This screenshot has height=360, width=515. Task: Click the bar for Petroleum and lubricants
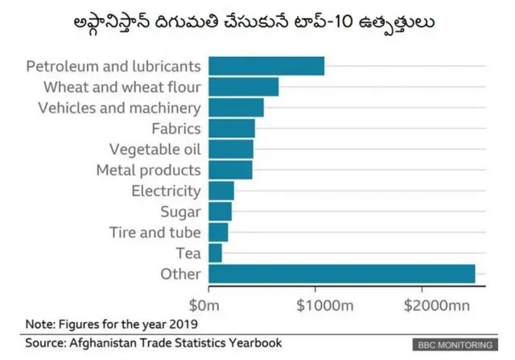(266, 65)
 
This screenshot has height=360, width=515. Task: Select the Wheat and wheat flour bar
(243, 86)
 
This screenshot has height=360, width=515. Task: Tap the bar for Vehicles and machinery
(236, 107)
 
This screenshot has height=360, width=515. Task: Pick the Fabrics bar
(232, 128)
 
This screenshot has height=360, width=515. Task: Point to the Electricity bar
(221, 191)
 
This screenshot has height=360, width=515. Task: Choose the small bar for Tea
(215, 254)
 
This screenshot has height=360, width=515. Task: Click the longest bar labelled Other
(341, 275)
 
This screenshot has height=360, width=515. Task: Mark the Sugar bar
(220, 212)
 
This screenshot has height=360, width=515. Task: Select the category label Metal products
(148, 170)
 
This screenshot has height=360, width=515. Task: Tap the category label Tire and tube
(154, 233)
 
